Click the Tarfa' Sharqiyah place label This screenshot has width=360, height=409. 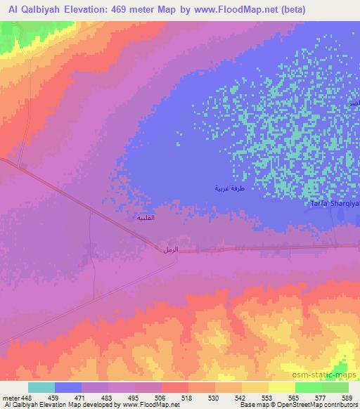pos(335,204)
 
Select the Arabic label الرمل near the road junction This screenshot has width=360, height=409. pos(170,250)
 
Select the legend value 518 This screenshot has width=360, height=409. pos(187,397)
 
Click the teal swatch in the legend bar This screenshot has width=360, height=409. pos(41,387)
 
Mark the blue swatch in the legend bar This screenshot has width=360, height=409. pos(68,387)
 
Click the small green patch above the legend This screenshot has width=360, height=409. pos(341,368)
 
